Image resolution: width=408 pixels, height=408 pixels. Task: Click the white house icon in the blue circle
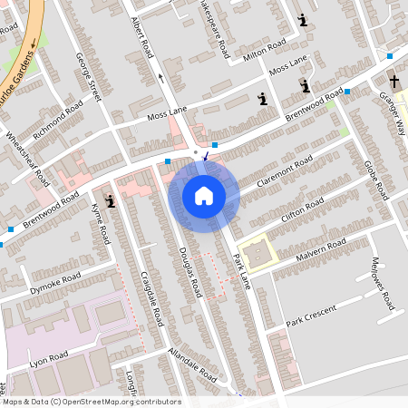pyautogui.click(x=204, y=195)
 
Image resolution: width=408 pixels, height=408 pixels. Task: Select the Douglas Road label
pyautogui.click(x=189, y=272)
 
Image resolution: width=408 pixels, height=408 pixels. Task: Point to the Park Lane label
pyautogui.click(x=239, y=271)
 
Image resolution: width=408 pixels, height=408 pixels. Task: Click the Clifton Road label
pyautogui.click(x=302, y=208)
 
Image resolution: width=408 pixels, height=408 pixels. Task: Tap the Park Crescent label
pyautogui.click(x=310, y=316)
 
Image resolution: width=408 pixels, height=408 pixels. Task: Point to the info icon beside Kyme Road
pyautogui.click(x=111, y=200)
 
